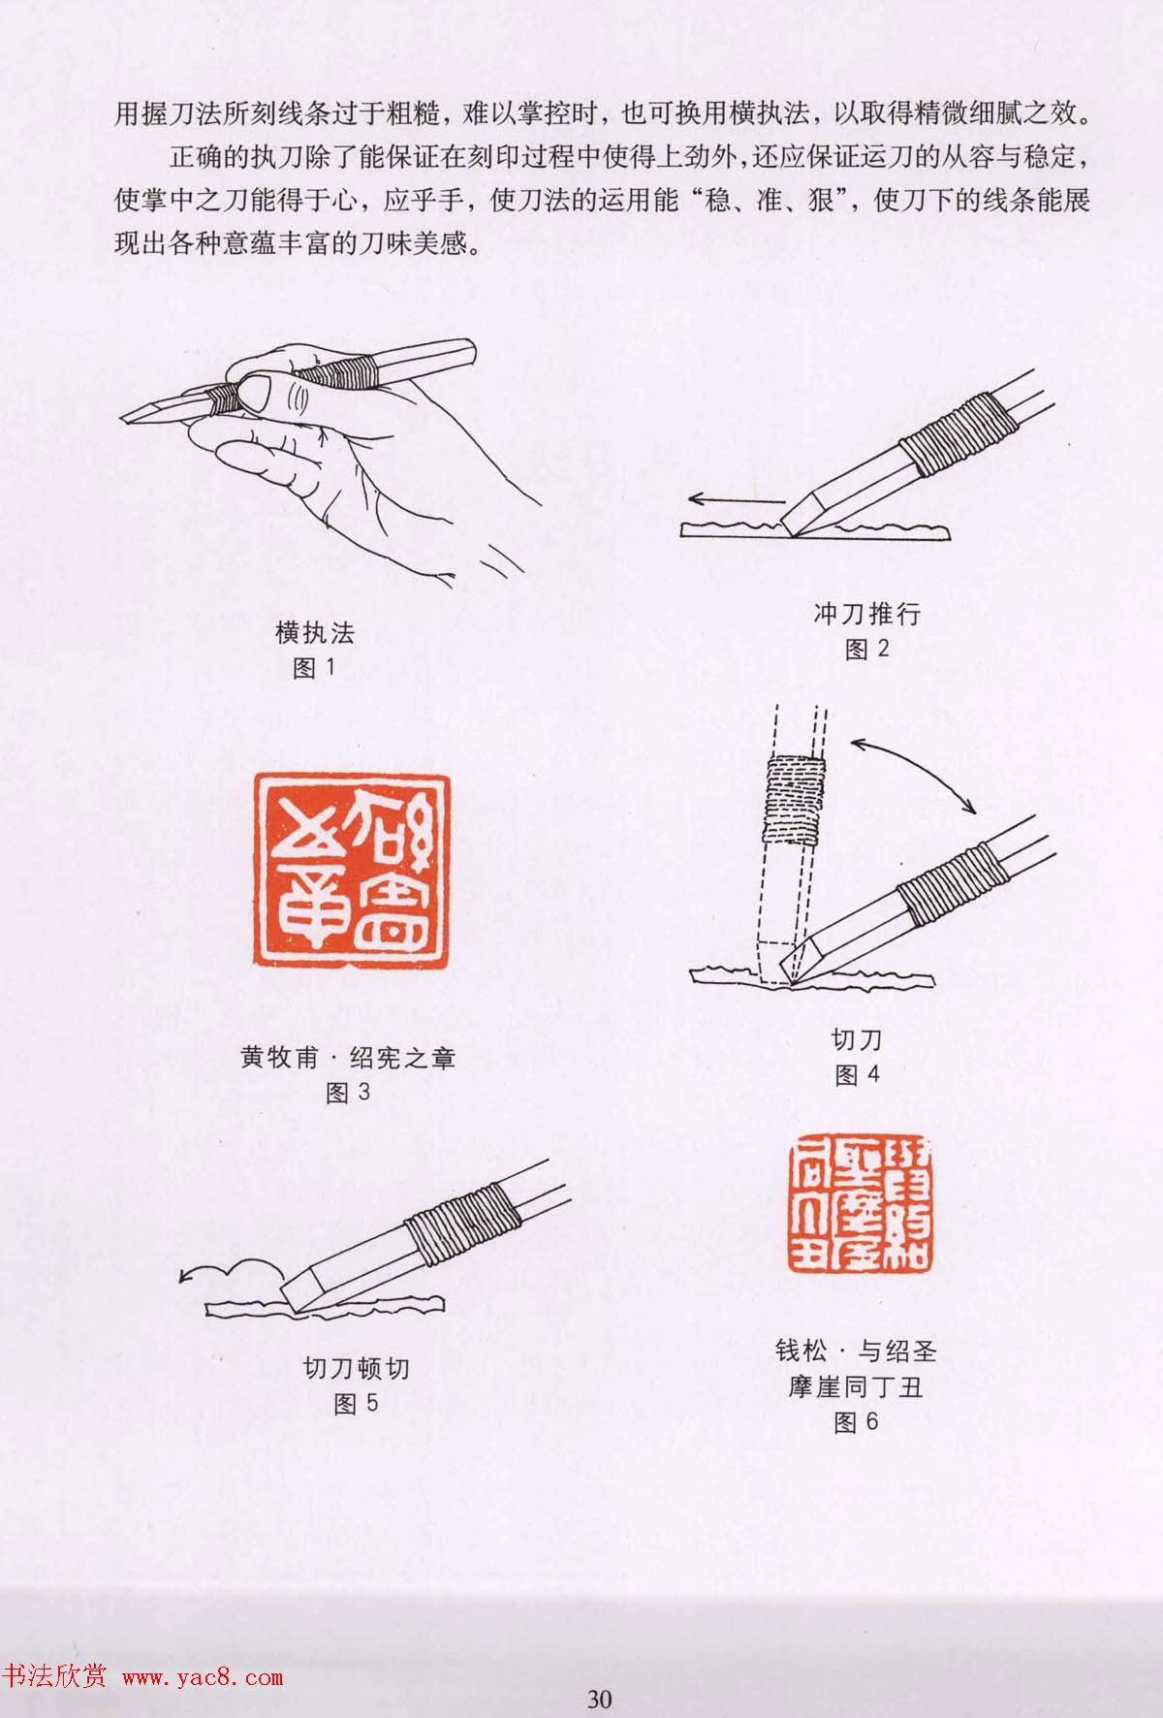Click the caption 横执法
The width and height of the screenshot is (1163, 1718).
click(315, 633)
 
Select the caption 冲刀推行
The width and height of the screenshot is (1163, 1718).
click(866, 614)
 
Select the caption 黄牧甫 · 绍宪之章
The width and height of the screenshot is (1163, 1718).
click(348, 1058)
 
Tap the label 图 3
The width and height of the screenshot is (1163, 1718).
click(347, 1093)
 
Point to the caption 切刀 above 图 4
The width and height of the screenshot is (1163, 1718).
click(857, 1040)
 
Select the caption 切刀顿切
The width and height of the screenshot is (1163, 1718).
click(356, 1368)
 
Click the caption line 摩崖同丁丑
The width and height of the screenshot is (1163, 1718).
click(855, 1386)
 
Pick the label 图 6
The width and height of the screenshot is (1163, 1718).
click(855, 1421)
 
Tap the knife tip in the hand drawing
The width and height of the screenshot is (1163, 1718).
click(131, 416)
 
